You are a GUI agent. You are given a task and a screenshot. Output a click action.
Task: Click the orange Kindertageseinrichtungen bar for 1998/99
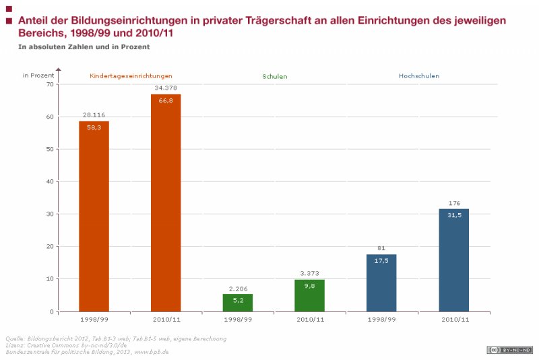[x=94, y=216]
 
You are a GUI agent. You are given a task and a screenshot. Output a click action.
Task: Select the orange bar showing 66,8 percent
[x=166, y=202]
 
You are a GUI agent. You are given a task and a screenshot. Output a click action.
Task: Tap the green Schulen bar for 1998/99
[x=238, y=303]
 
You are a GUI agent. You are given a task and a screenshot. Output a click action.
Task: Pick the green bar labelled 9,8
[x=310, y=295]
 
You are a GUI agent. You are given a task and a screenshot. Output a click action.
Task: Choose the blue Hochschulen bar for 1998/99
[x=381, y=282]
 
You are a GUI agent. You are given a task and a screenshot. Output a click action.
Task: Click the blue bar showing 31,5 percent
[x=453, y=260]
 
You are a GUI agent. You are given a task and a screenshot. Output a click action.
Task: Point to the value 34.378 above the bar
[x=166, y=88]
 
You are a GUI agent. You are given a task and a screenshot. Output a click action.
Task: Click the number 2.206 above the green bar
[x=238, y=288]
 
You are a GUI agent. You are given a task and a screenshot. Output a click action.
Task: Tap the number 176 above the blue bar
[x=453, y=203]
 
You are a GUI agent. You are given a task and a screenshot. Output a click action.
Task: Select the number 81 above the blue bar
[x=381, y=248]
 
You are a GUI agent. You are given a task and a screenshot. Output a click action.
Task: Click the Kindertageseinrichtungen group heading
[x=131, y=76]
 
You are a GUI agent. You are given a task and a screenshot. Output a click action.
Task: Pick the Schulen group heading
[x=274, y=76]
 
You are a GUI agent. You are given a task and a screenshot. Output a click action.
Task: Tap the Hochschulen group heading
[x=418, y=76]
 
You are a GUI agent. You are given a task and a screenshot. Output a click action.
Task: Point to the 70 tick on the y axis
[x=50, y=84]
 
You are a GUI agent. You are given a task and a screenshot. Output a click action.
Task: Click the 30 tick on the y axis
[x=50, y=214]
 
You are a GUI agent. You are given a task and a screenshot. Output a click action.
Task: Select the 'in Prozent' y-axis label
[x=38, y=75]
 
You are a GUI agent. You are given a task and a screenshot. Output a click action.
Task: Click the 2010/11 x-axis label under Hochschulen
[x=453, y=319]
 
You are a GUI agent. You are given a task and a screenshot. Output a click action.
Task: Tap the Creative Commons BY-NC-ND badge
[x=510, y=349]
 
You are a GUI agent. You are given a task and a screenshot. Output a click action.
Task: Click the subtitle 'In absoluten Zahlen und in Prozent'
[x=84, y=47]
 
